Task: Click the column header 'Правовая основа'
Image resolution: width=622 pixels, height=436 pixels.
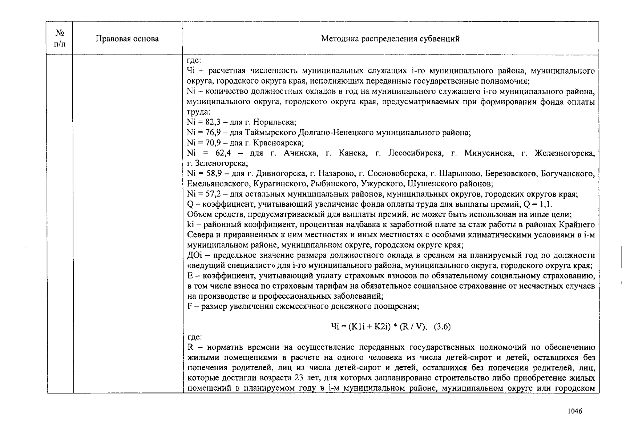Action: click(x=127, y=39)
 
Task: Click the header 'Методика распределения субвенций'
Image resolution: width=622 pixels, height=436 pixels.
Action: click(x=390, y=39)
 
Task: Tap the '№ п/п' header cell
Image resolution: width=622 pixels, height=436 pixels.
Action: click(x=60, y=39)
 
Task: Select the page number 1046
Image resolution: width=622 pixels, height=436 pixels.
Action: click(x=575, y=411)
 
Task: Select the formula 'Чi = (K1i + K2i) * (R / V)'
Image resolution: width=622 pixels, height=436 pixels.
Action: click(x=378, y=327)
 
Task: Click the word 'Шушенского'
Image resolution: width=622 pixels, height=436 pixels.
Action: click(x=428, y=184)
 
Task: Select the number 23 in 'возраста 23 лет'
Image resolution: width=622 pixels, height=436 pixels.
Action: click(x=299, y=378)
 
